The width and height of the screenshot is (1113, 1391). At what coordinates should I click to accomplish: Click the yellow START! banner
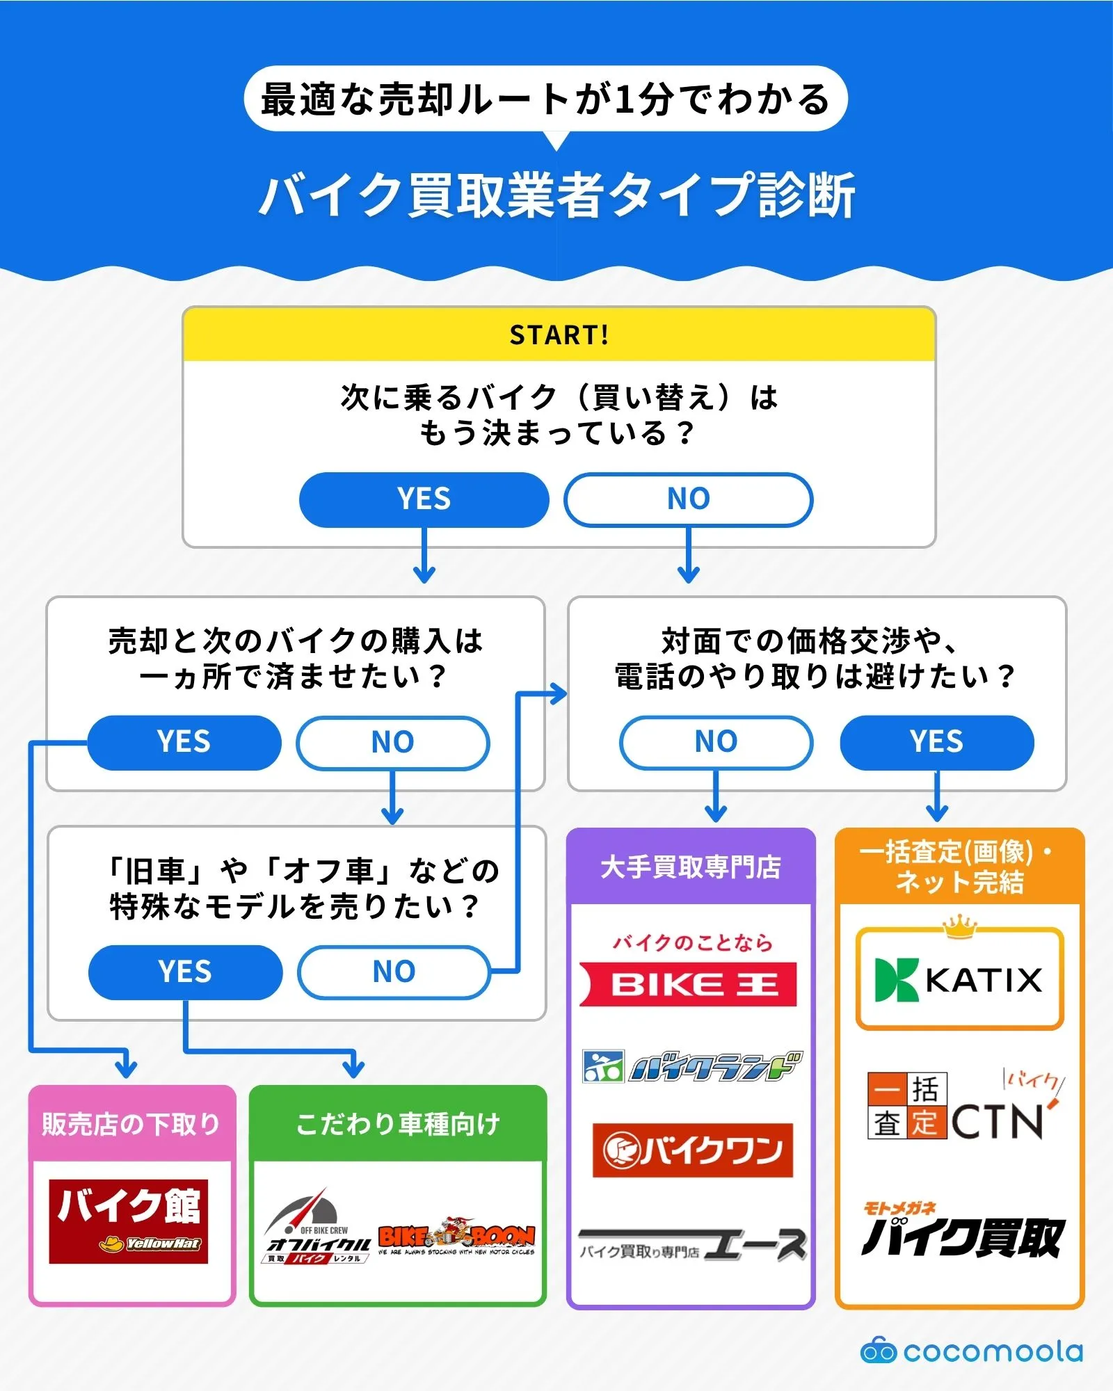coord(559,335)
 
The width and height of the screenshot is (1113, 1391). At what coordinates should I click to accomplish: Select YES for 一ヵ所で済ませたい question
coord(184,742)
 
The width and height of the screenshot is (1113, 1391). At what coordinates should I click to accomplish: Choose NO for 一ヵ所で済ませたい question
coord(393,742)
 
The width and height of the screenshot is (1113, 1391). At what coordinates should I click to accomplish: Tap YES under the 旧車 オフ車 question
coord(185,972)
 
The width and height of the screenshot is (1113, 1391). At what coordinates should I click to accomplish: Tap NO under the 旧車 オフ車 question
coord(394,972)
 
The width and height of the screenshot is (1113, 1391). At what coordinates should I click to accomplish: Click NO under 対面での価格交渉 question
coord(716,742)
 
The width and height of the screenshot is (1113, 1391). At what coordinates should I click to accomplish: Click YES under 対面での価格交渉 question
coord(937,742)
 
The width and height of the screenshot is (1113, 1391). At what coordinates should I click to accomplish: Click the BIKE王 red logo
coord(689,984)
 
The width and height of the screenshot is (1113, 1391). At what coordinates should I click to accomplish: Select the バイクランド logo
coord(691,1066)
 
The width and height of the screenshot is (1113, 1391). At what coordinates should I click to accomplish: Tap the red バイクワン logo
coord(692,1150)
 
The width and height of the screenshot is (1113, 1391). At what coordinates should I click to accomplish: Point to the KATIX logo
coord(959,979)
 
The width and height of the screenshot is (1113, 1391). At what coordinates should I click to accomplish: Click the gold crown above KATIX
coord(959,926)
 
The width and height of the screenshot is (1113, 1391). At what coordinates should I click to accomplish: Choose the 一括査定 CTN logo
coord(963,1106)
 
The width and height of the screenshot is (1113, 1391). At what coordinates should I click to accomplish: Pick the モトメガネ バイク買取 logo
coord(962,1231)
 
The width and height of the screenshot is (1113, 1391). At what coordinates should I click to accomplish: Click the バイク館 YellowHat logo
coord(129,1221)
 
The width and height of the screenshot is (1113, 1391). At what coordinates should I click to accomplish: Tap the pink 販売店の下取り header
coord(131,1123)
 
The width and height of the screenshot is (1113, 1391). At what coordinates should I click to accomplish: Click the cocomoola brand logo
coord(972,1351)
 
